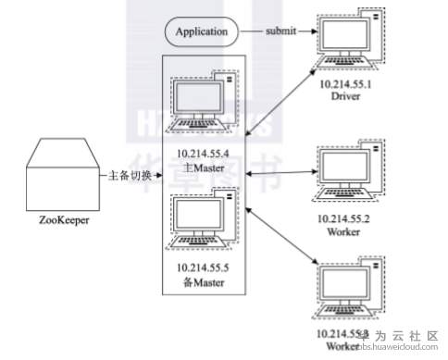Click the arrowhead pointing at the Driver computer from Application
(x=312, y=32)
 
